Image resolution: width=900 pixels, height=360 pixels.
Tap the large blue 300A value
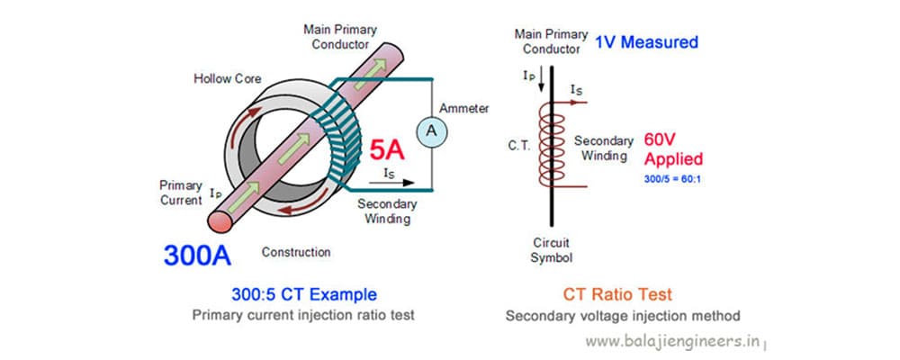point(197,255)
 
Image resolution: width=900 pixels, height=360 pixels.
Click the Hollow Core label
point(228,79)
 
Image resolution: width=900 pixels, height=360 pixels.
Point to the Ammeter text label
point(463,108)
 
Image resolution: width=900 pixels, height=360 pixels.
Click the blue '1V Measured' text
point(646,42)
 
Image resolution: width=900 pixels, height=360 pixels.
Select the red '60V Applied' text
point(673,149)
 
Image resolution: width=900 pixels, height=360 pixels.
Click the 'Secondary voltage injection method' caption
point(623,316)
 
